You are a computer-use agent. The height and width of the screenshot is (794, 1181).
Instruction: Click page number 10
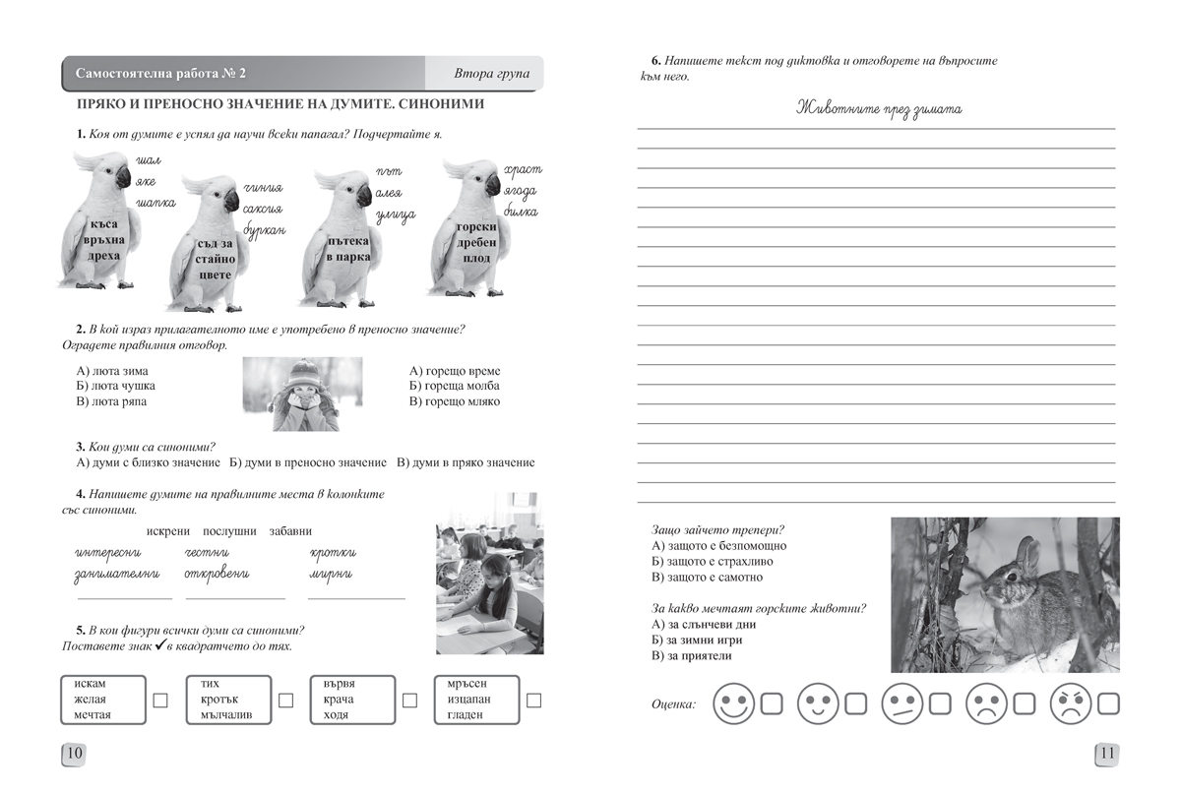tap(75, 755)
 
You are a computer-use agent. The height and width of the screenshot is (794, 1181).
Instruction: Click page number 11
tap(1106, 755)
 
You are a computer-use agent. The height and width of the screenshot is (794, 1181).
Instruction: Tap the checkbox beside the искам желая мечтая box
tap(160, 700)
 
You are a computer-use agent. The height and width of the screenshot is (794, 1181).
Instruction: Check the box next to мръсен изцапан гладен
tap(534, 700)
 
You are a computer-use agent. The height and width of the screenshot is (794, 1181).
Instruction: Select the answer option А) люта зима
tap(111, 371)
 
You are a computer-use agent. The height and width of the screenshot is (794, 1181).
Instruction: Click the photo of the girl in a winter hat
tap(301, 394)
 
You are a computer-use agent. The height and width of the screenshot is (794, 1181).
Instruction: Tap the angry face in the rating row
tap(1073, 703)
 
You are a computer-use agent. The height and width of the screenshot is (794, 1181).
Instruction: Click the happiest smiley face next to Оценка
tap(733, 703)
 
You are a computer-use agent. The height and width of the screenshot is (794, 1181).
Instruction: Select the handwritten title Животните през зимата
tap(878, 108)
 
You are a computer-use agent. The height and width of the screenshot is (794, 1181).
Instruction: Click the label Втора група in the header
tap(491, 74)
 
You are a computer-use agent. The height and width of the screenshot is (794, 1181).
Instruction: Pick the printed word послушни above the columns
tap(229, 531)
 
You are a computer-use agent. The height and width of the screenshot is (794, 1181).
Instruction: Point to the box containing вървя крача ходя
tap(351, 700)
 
